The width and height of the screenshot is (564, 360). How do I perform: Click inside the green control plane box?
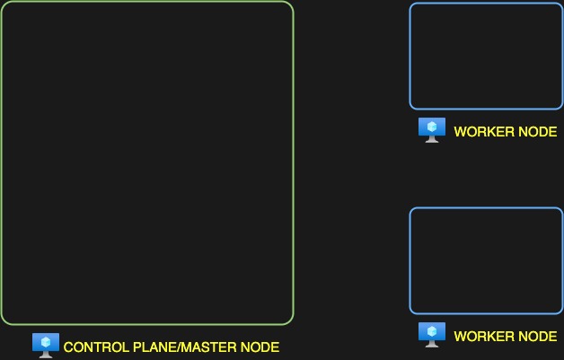[x=147, y=162]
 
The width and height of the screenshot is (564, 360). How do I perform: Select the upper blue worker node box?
[x=486, y=56]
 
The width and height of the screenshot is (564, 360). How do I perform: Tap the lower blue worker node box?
[x=486, y=260]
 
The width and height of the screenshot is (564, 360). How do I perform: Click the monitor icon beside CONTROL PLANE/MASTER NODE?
[x=45, y=344]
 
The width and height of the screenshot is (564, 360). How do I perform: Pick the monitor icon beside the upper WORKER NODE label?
[x=432, y=130]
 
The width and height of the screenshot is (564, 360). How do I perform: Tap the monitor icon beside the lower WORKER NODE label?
[x=432, y=335]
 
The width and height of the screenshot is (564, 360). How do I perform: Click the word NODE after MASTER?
[x=261, y=347]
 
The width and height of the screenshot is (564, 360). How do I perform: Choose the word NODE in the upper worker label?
[x=538, y=132]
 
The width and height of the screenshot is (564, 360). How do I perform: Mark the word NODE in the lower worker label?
[x=538, y=337]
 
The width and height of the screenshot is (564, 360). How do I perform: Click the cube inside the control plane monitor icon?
[x=45, y=341]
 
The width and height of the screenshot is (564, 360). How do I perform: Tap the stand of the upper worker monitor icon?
[x=432, y=140]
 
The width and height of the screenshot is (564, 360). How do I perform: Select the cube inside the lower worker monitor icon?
[x=432, y=331]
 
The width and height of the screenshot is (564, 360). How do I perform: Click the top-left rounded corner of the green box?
[x=5, y=6]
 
